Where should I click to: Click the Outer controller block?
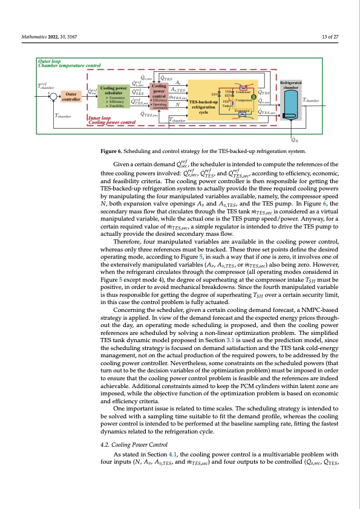click(x=71, y=97)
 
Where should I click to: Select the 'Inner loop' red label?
click(x=101, y=118)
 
